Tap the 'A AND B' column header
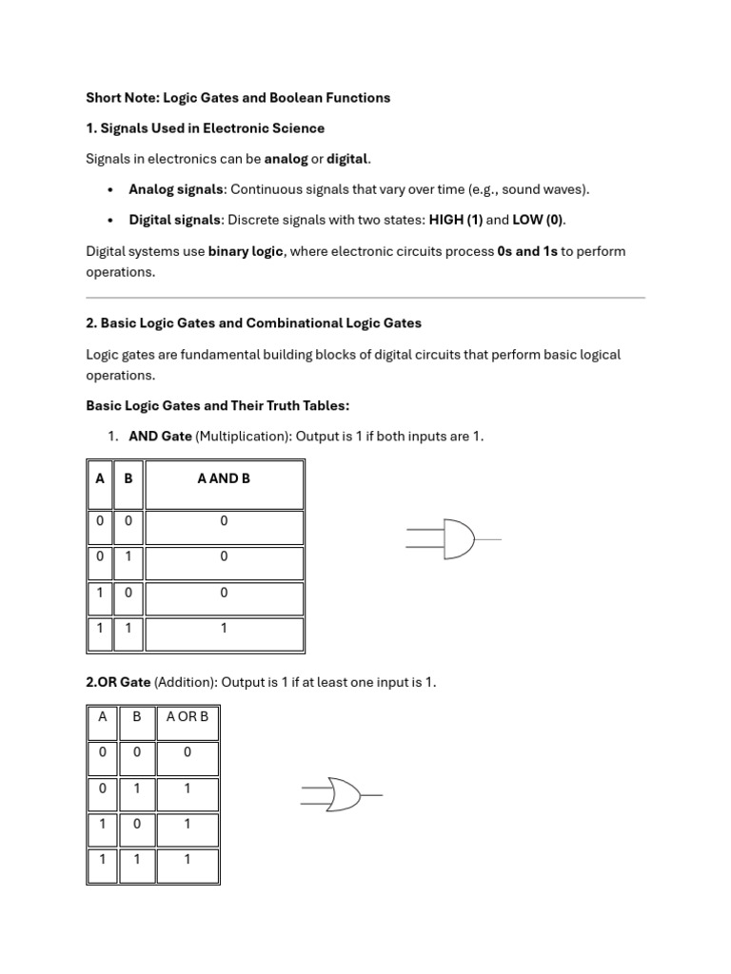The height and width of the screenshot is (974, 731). [x=224, y=478]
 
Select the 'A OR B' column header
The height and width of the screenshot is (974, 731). [x=187, y=716]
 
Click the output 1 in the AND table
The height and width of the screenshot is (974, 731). [x=224, y=628]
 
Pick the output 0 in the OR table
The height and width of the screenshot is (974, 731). [x=187, y=751]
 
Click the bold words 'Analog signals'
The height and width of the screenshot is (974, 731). [x=178, y=188]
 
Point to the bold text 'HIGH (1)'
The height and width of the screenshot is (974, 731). [x=456, y=220]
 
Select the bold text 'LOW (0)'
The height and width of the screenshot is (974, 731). [x=538, y=220]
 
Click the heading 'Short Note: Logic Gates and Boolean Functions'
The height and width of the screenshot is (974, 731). [x=238, y=97]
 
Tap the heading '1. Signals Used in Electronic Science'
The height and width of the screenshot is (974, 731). [x=205, y=127]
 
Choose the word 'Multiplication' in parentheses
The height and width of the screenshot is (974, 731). [x=242, y=437]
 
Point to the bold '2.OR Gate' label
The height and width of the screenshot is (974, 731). [x=118, y=682]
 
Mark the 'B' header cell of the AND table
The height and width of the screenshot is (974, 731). [x=128, y=478]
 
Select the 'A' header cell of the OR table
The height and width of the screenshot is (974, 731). [x=103, y=716]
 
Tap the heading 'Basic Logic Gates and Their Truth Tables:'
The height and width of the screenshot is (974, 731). [x=218, y=405]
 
